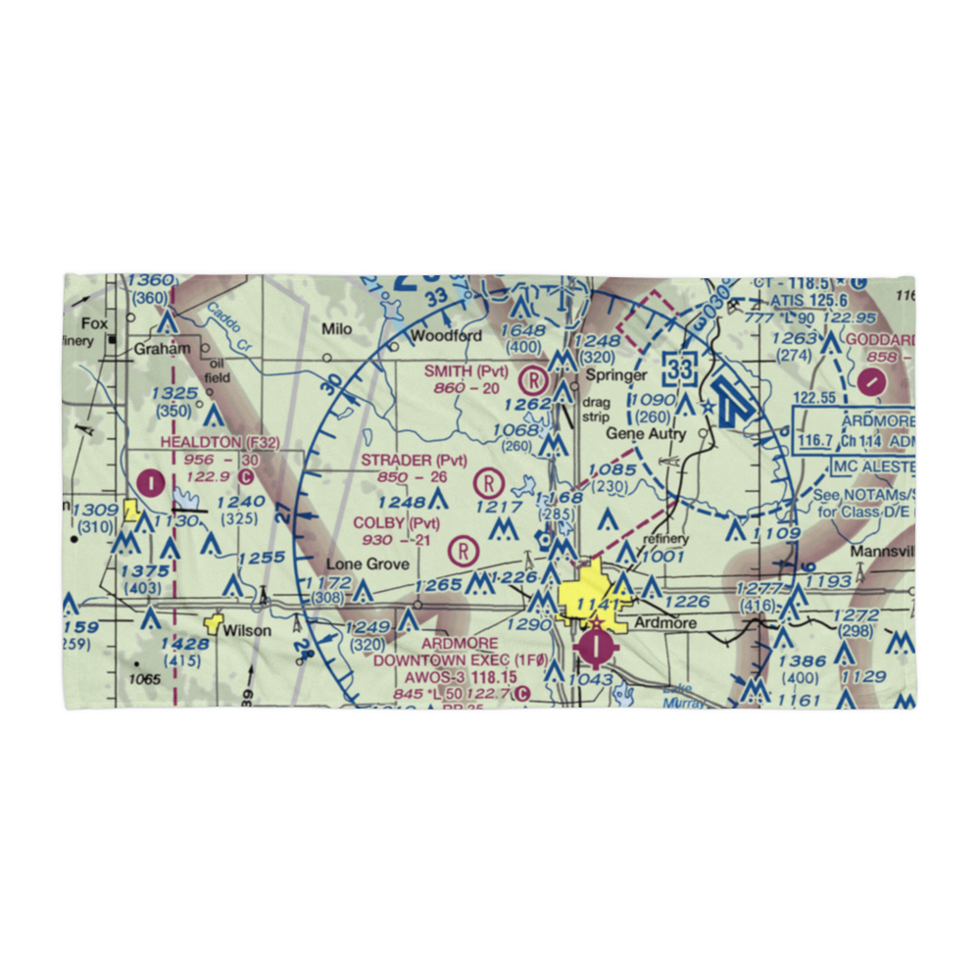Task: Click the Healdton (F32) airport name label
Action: point(220,443)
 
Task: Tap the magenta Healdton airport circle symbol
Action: point(152,482)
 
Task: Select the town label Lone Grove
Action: point(367,563)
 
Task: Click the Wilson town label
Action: point(246,630)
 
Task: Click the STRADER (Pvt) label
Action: point(414,460)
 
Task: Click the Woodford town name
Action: point(446,335)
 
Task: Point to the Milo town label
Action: point(337,329)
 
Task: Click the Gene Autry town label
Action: point(645,433)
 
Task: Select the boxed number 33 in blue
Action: point(679,367)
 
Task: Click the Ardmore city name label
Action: point(666,623)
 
